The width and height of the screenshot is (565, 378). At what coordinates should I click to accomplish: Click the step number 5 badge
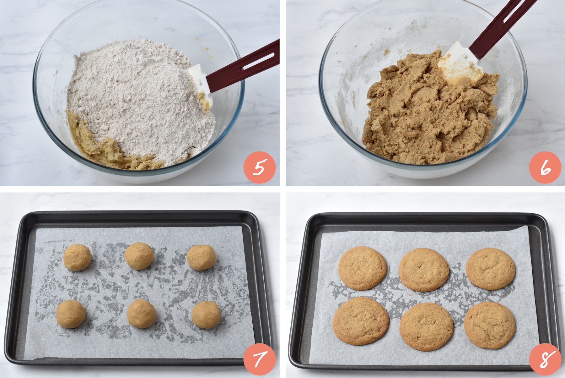point(260,167)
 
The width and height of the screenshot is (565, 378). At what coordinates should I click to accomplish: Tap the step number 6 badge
point(545,167)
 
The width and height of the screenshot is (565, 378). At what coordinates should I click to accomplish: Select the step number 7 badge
point(260,359)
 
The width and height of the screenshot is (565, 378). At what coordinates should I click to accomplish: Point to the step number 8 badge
point(545,359)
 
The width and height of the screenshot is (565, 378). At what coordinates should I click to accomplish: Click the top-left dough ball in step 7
point(78,257)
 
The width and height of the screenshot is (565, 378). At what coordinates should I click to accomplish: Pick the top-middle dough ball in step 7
point(139,256)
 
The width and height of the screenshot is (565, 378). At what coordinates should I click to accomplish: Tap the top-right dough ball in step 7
point(201,257)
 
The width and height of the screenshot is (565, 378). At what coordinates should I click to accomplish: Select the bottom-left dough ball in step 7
point(71,314)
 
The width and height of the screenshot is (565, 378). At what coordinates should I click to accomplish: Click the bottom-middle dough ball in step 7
point(142,313)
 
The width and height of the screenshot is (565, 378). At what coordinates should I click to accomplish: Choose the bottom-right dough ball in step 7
point(206,315)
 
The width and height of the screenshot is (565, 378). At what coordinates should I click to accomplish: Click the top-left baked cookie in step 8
point(363,268)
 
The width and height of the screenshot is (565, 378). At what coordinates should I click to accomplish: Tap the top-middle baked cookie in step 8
point(424,270)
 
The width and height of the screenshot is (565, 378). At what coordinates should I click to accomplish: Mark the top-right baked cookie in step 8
point(491,269)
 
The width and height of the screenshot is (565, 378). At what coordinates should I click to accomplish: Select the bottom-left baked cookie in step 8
point(361,321)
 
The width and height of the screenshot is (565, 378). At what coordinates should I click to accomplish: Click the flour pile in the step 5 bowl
point(138,101)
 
